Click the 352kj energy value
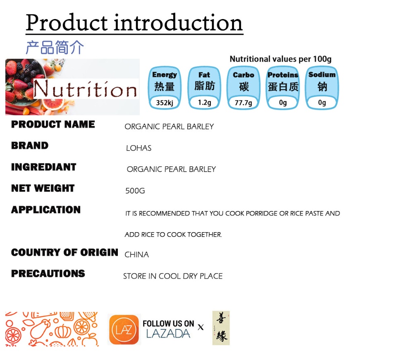pyautogui.click(x=165, y=103)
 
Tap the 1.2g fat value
pyautogui.click(x=204, y=103)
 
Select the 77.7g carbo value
pyautogui.click(x=243, y=103)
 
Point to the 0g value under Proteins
pyautogui.click(x=283, y=103)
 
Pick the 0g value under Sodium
pyautogui.click(x=322, y=103)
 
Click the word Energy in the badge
pyautogui.click(x=165, y=75)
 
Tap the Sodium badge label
pyautogui.click(x=322, y=74)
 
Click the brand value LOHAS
pyautogui.click(x=139, y=148)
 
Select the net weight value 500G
pyautogui.click(x=135, y=190)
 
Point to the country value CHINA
pyautogui.click(x=137, y=254)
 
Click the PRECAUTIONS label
pyautogui.click(x=48, y=274)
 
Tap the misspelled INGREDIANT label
pyautogui.click(x=44, y=167)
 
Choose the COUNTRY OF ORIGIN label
pyautogui.click(x=65, y=252)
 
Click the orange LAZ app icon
pyautogui.click(x=124, y=330)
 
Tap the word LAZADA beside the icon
pyautogui.click(x=168, y=334)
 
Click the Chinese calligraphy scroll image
pyautogui.click(x=221, y=328)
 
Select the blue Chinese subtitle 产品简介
pyautogui.click(x=55, y=47)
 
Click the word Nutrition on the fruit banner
pyautogui.click(x=85, y=89)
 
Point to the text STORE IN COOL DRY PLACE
pyautogui.click(x=173, y=276)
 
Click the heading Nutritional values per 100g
pyautogui.click(x=280, y=59)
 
